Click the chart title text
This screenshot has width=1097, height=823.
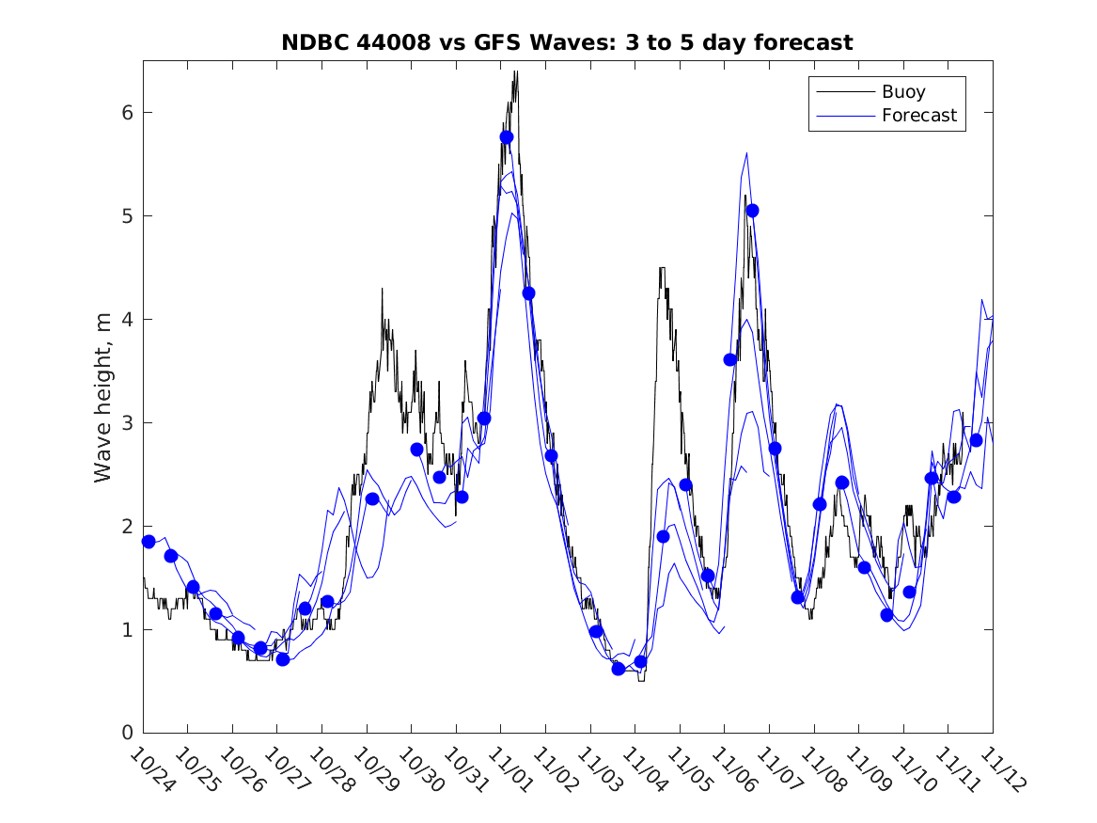pyautogui.click(x=567, y=43)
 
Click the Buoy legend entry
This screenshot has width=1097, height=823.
pyautogui.click(x=902, y=92)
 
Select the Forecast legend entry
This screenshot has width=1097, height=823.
pyautogui.click(x=918, y=116)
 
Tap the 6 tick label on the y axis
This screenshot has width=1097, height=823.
pyautogui.click(x=124, y=113)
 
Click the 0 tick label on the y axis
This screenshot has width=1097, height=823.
pyautogui.click(x=124, y=733)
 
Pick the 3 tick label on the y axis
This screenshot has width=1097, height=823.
pyautogui.click(x=124, y=423)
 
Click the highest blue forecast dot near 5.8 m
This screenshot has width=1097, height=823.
pyautogui.click(x=507, y=137)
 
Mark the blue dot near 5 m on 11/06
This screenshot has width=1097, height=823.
pyautogui.click(x=752, y=211)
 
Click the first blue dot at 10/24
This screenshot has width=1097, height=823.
pyautogui.click(x=149, y=541)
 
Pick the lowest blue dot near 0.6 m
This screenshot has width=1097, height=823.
pyautogui.click(x=619, y=669)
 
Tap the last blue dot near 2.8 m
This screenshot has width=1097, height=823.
pyautogui.click(x=976, y=440)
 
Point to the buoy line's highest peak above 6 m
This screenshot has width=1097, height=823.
pyautogui.click(x=516, y=72)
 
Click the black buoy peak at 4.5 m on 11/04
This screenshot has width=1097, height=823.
pyautogui.click(x=661, y=268)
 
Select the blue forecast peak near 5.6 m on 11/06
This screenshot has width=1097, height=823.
pyautogui.click(x=746, y=153)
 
